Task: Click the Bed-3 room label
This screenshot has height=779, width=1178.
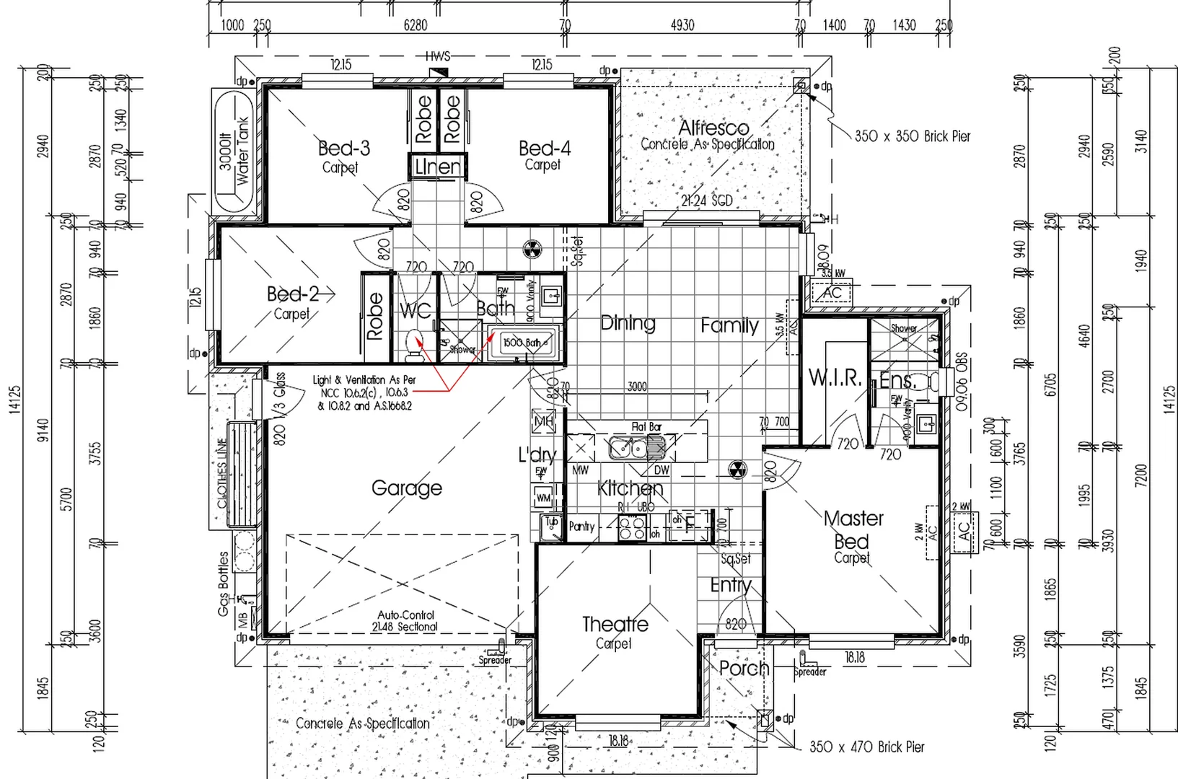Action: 343,149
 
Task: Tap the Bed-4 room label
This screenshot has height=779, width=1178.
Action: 545,149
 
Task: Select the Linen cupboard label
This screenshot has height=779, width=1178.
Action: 437,167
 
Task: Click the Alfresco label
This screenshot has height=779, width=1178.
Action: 713,128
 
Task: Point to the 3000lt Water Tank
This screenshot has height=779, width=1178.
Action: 233,151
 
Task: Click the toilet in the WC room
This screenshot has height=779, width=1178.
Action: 414,343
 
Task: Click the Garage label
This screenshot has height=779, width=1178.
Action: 406,488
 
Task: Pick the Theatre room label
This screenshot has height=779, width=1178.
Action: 615,624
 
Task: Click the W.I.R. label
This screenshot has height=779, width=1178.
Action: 835,378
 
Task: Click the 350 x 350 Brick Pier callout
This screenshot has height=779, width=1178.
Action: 913,136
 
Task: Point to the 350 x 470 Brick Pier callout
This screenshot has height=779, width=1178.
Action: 866,747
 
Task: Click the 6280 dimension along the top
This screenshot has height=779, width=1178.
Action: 415,25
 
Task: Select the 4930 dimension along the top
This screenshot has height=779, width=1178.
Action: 682,25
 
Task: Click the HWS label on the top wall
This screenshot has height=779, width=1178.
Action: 437,56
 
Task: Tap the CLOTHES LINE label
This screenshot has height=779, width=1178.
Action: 222,472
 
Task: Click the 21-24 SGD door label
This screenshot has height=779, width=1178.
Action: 706,201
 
